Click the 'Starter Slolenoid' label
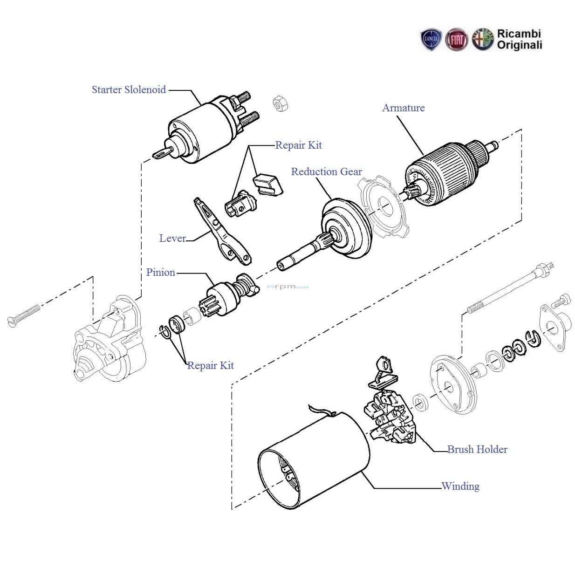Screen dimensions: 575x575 point(129,90)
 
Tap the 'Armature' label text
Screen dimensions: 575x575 point(403,108)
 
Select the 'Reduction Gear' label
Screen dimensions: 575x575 point(326,172)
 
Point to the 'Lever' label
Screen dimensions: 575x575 point(172,239)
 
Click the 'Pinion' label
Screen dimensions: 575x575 point(160,273)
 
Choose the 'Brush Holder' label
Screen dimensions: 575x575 point(477,450)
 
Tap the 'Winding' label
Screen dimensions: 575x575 point(460,486)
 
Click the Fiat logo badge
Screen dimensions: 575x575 point(457,40)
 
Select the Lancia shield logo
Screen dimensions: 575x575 point(431,40)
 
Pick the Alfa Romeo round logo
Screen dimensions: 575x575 point(483,40)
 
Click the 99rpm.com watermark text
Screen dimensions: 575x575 point(287,287)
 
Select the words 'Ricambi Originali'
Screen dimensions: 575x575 point(519,40)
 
